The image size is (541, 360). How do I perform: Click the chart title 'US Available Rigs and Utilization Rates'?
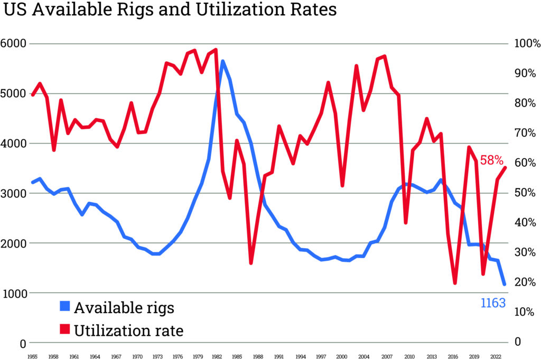(x=170, y=10)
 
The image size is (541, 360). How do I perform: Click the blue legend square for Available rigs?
(x=64, y=307)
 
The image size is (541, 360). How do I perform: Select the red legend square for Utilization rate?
(x=64, y=330)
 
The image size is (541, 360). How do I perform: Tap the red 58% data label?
(x=492, y=160)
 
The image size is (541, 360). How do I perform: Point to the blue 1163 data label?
(x=493, y=303)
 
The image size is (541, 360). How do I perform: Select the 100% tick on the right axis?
(x=526, y=44)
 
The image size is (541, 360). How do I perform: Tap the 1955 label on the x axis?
(x=32, y=357)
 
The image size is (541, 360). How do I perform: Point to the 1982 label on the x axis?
(x=217, y=357)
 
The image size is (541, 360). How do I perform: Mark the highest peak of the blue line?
(x=222, y=61)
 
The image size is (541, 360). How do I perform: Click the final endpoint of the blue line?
(x=505, y=285)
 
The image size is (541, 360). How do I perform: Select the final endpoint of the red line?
(x=505, y=168)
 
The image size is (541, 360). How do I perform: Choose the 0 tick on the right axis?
(x=517, y=342)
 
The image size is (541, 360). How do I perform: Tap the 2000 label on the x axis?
(x=342, y=357)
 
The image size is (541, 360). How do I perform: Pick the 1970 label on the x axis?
(x=137, y=357)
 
